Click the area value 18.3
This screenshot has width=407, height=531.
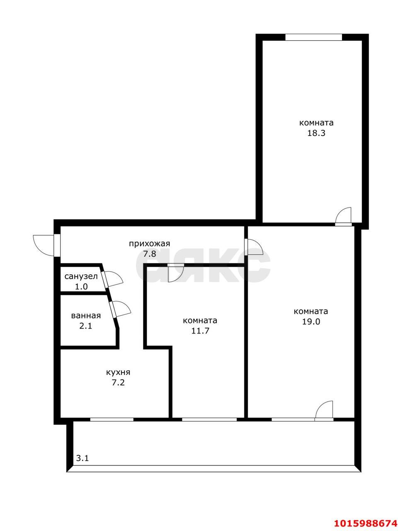tap(316, 134)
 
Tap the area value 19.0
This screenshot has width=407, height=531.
tap(310, 322)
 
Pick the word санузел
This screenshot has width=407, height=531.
tap(81, 276)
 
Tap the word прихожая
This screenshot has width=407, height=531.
tap(150, 244)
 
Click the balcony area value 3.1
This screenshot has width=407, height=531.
tap(82, 458)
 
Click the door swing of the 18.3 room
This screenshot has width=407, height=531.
tap(344, 216)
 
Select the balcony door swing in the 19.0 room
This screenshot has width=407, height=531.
tap(325, 410)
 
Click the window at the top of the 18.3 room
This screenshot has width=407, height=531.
tap(313, 37)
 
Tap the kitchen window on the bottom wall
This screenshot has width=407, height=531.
tap(111, 419)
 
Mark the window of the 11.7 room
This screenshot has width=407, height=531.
tap(209, 419)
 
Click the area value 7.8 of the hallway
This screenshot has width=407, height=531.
tap(150, 254)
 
